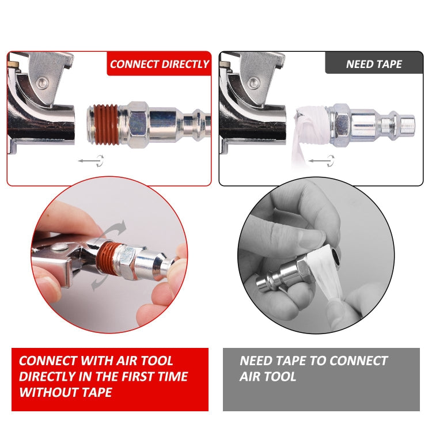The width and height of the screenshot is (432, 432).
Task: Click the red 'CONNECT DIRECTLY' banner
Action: pos(159,64)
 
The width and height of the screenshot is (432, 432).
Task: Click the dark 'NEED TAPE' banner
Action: pos(374,64)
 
